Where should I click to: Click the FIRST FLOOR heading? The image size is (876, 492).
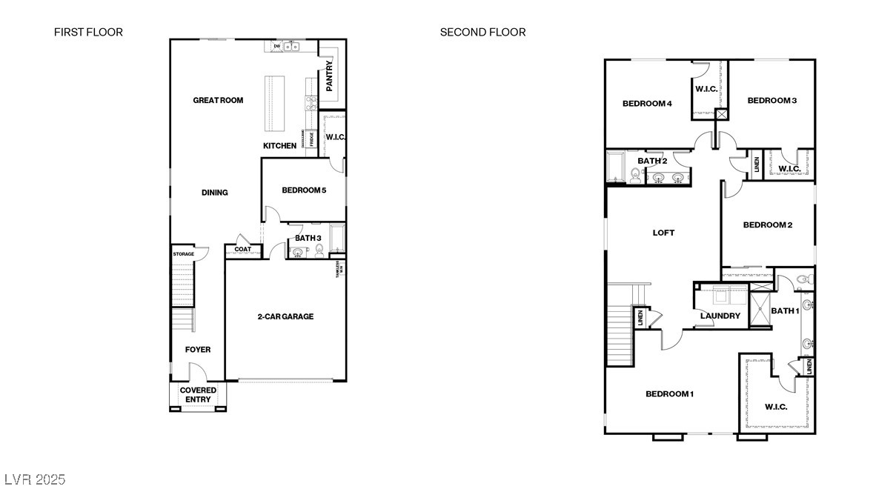[88, 32]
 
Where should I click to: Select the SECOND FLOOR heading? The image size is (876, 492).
[482, 32]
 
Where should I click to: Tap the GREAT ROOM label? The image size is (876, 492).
[218, 100]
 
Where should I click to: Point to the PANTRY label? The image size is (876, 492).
[330, 75]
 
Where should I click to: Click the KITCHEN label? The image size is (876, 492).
[280, 146]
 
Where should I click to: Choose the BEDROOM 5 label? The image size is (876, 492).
[304, 190]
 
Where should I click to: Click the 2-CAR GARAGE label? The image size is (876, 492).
[285, 316]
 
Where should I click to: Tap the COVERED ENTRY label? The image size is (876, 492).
[199, 395]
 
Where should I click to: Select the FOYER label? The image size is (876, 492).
[198, 350]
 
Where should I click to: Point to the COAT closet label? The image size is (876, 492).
[243, 250]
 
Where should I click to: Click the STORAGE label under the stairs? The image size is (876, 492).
[184, 254]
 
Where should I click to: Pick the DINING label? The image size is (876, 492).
[215, 193]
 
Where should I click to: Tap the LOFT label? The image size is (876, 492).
[663, 233]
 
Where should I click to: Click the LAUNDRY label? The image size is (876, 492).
[720, 316]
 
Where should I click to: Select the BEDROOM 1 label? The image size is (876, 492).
[669, 393]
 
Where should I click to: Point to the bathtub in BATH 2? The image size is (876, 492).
[615, 167]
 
